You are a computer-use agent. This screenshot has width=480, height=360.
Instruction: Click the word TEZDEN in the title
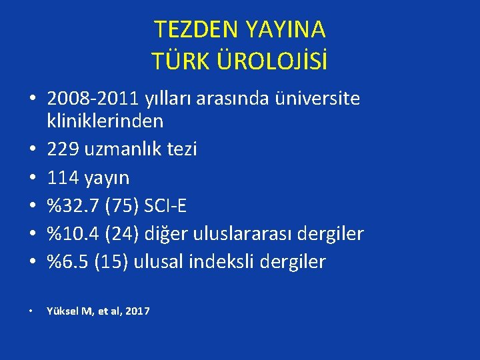[194, 29]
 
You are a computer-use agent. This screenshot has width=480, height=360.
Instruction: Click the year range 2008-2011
[93, 99]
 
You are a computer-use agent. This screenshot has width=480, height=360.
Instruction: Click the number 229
[63, 149]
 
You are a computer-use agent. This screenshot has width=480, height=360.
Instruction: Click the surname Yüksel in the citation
[62, 311]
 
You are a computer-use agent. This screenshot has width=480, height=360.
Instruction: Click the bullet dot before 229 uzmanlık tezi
[32, 150]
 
